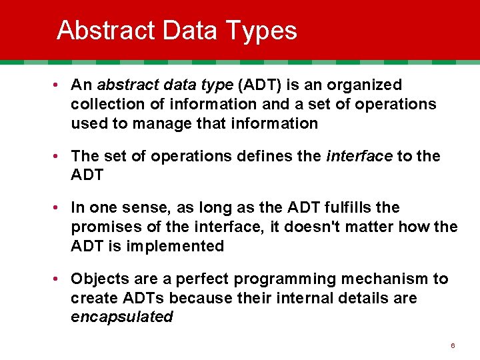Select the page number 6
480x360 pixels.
point(453,345)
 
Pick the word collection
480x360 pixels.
point(105,104)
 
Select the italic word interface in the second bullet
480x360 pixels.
point(359,156)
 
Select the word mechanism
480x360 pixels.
point(378,278)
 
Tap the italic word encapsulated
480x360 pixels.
point(121,317)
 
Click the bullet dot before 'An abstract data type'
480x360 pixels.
point(59,85)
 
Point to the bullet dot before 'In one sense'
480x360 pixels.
point(59,208)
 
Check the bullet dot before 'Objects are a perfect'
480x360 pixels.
point(59,279)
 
